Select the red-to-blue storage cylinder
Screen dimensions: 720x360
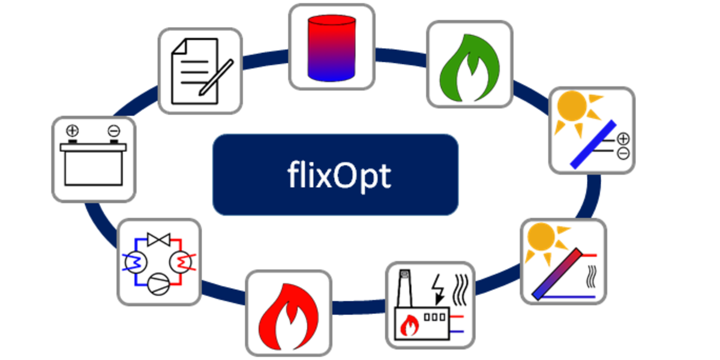(x=332, y=47)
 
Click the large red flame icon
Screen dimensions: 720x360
(x=289, y=317)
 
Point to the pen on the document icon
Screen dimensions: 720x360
(x=216, y=77)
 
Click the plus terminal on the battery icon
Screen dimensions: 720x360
(x=73, y=131)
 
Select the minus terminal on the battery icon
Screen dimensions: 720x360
(x=114, y=131)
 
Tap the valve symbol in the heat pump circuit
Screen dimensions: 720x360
(x=158, y=240)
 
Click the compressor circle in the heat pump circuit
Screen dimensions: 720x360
(x=158, y=284)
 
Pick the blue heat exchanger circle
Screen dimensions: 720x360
(x=136, y=263)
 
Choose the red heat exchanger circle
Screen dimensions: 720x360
(x=181, y=263)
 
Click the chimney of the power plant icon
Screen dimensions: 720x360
(x=404, y=289)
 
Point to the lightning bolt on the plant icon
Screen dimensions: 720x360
(x=439, y=289)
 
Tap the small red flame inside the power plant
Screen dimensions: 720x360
(x=409, y=325)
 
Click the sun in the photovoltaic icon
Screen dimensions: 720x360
(x=572, y=106)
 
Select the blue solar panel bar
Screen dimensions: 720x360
(x=593, y=145)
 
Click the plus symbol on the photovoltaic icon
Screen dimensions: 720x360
(x=623, y=139)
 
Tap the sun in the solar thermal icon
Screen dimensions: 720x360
(x=542, y=237)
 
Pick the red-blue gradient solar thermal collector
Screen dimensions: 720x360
(x=557, y=274)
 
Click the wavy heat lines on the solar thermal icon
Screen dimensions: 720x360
(x=592, y=277)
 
